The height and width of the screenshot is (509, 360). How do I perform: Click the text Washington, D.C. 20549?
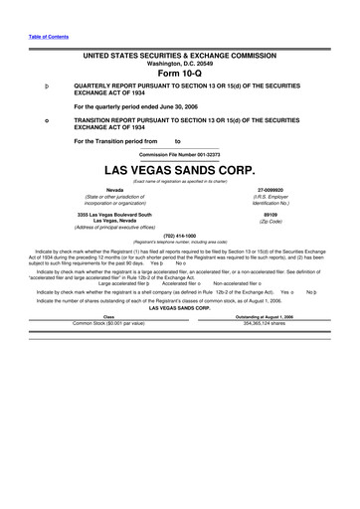180,63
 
